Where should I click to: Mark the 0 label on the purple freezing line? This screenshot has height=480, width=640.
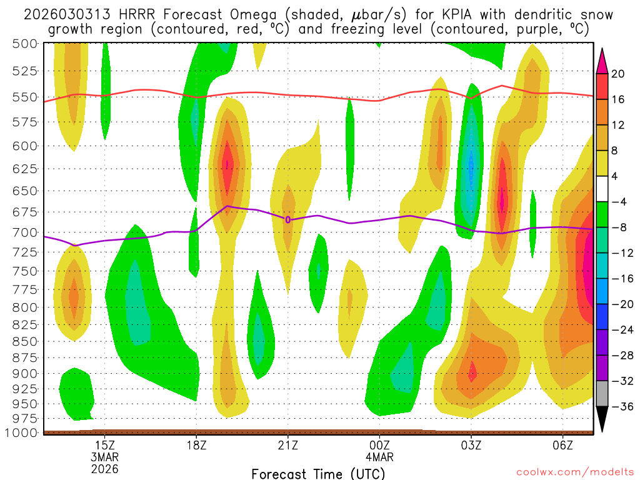point(287,219)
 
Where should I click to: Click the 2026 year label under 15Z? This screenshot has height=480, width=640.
point(104,468)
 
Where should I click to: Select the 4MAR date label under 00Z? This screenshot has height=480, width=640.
point(379,456)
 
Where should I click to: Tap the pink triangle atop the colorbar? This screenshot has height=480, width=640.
point(602,60)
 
